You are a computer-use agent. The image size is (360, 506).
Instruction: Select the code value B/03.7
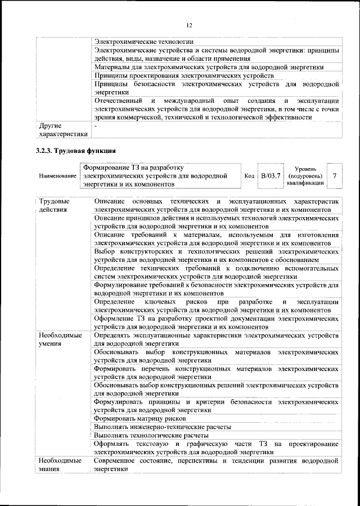click(x=271, y=176)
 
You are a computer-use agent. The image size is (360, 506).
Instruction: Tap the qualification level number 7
click(x=335, y=176)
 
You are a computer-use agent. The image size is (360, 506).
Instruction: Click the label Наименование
click(x=57, y=177)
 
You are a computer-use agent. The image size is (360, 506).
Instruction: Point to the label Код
click(x=249, y=176)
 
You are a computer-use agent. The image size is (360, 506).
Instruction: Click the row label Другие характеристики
click(x=62, y=130)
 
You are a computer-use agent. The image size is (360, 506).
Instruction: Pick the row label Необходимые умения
click(x=60, y=339)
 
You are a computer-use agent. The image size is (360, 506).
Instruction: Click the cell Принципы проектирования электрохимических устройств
click(x=184, y=75)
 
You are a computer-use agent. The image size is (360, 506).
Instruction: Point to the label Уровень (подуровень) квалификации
click(x=305, y=176)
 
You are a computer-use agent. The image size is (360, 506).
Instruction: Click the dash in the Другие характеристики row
click(x=96, y=126)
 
